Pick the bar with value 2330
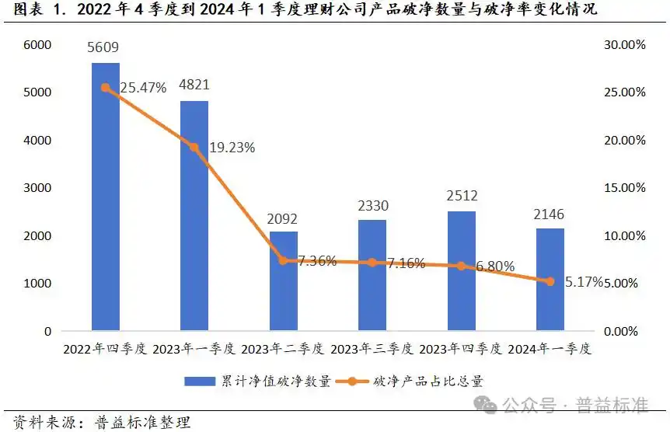372,275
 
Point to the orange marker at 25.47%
106,88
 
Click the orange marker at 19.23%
194,147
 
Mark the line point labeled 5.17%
550,281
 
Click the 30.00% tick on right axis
624,45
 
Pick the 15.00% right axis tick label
624,188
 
